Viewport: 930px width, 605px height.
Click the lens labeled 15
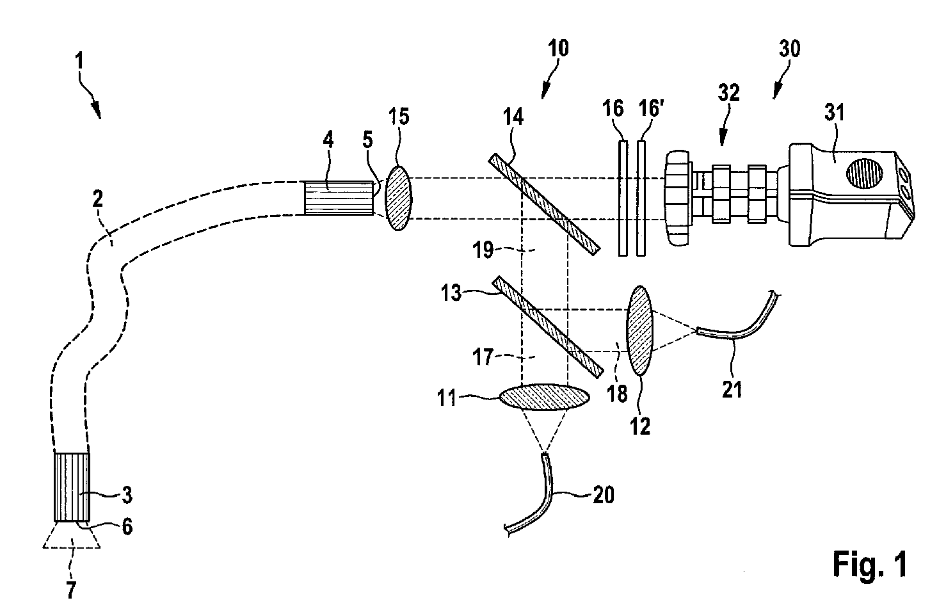pyautogui.click(x=397, y=198)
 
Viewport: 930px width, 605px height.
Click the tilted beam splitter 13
pyautogui.click(x=549, y=326)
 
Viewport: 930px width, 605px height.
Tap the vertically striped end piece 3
pyautogui.click(x=72, y=487)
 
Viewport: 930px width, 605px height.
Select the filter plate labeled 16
pyautogui.click(x=623, y=198)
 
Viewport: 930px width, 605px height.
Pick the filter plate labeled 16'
pyautogui.click(x=641, y=198)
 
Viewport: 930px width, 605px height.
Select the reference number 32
pyautogui.click(x=728, y=94)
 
